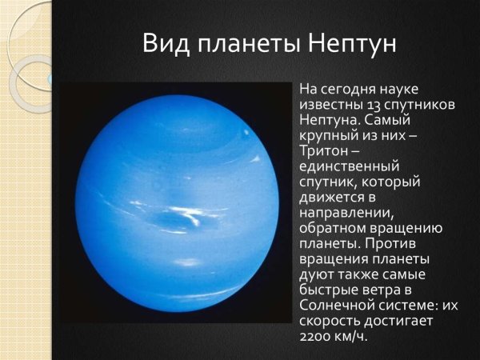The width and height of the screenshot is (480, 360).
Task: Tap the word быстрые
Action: click(x=326, y=291)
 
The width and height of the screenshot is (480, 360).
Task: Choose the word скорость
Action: click(x=327, y=320)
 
